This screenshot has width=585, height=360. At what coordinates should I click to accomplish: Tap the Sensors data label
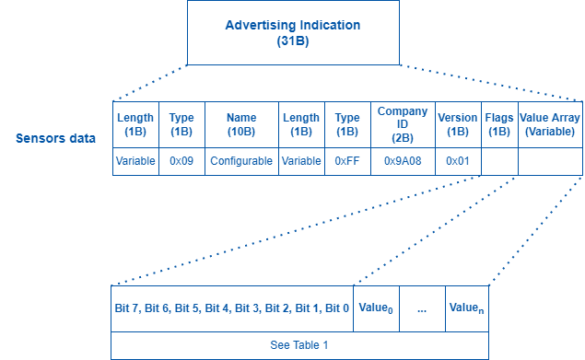pos(56,139)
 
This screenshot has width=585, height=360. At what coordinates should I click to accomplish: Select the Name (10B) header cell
pos(241,124)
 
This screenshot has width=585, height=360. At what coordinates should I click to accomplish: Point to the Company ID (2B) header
pos(403,124)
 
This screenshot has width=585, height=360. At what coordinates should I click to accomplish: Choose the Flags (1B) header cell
pos(499,124)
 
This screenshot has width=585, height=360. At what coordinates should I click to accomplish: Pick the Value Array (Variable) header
pos(550,124)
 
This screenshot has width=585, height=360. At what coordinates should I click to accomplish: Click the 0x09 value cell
pos(181,161)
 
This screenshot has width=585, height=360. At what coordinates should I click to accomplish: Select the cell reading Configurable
pos(241,161)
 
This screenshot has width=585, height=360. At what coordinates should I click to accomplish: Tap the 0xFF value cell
pos(346,161)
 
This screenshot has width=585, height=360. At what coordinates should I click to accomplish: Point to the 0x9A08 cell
pos(403,161)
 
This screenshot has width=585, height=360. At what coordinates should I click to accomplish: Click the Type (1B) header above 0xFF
pos(346,124)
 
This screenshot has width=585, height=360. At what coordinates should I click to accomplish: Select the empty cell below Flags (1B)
pos(499,161)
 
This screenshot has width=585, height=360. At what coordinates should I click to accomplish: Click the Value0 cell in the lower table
pos(376,308)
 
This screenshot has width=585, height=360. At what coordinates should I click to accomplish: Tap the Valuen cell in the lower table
pos(465,308)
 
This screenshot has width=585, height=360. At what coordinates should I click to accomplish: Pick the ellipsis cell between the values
pos(421,308)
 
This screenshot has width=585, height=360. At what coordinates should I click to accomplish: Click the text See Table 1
pos(299,345)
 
